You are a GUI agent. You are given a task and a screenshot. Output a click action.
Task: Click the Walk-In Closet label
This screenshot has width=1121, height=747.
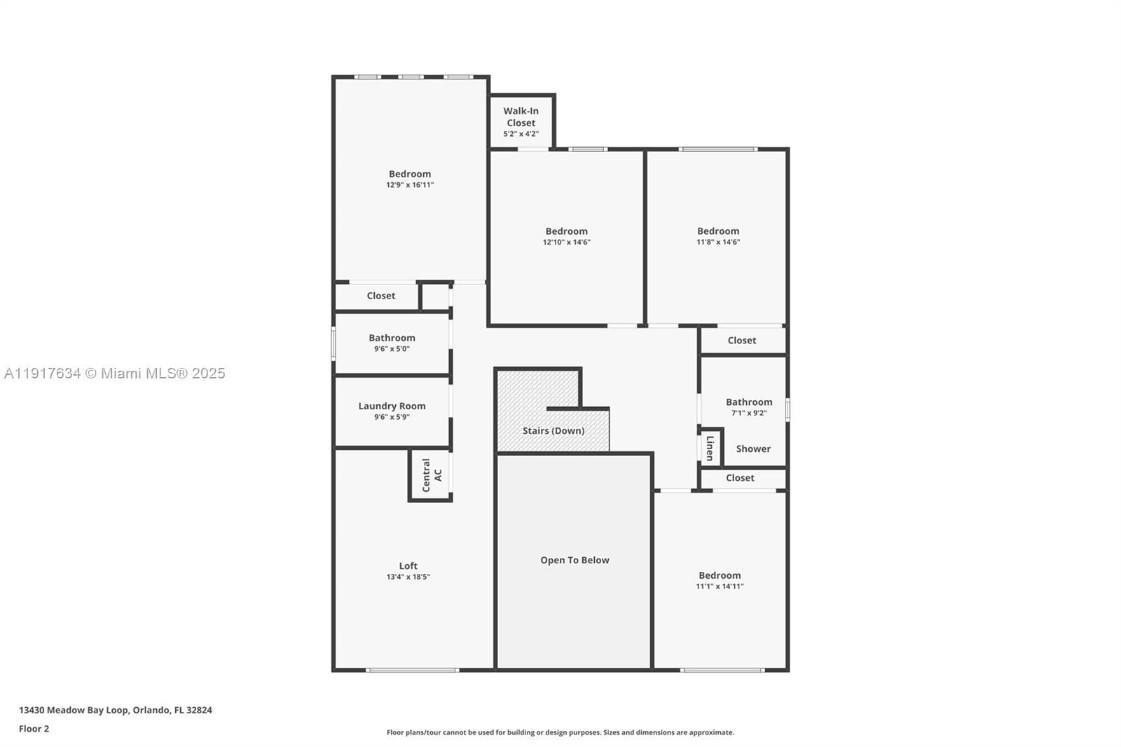coord(521,116)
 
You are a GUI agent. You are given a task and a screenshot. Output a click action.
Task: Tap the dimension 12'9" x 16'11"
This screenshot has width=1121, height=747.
coord(410,185)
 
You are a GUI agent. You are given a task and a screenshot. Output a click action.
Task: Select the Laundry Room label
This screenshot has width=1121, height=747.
coord(392,406)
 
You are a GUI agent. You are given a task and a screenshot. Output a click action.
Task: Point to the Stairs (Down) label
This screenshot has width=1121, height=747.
coord(553,430)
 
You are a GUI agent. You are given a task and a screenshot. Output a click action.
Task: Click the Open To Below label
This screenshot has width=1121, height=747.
coord(575,560)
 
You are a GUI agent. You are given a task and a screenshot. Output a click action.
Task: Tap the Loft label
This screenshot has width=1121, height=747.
coord(408,566)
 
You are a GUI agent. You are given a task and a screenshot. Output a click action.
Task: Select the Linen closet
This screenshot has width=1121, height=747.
coord(710,448)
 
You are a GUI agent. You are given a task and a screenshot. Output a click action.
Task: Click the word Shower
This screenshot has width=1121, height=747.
coord(753,448)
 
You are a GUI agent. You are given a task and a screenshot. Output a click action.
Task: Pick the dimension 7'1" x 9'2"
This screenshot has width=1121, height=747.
coord(749,413)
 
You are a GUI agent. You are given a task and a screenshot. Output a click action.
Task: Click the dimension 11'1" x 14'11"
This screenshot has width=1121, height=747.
coord(720,587)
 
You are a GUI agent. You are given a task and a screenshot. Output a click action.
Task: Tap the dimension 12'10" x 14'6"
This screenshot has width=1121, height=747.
coord(566,242)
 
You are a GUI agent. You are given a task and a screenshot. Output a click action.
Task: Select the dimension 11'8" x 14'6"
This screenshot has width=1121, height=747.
coord(718,242)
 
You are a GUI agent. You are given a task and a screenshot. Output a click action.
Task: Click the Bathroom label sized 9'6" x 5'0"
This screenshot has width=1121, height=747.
coord(392,338)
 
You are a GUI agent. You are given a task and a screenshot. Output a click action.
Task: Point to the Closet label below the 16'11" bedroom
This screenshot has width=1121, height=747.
coord(380,296)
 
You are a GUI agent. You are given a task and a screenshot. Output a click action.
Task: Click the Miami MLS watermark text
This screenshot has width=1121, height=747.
coord(115,373)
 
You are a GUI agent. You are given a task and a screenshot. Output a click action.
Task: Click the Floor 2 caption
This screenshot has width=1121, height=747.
coord(34,729)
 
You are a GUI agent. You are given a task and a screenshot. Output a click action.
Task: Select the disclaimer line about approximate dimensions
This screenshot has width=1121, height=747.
coord(560,732)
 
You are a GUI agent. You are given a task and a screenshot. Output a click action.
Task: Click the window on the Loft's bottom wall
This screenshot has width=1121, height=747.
coord(413,671)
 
